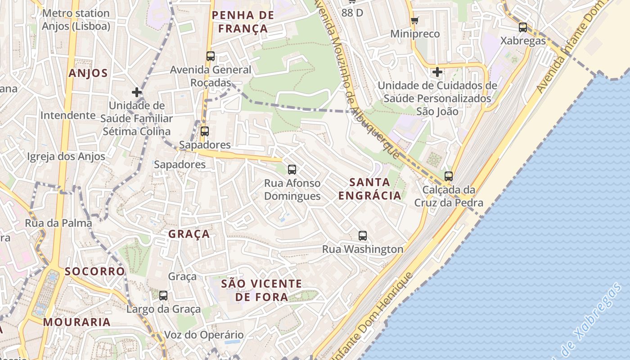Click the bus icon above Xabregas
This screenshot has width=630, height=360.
click(x=522, y=27)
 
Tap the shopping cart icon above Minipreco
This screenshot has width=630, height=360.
click(x=414, y=20)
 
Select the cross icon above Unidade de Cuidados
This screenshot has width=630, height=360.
click(x=437, y=72)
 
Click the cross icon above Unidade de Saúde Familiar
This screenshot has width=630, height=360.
click(x=137, y=92)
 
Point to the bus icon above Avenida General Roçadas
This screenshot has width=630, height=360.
click(x=211, y=56)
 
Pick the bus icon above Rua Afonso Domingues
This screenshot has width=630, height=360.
click(x=292, y=170)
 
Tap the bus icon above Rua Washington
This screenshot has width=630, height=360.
click(x=363, y=235)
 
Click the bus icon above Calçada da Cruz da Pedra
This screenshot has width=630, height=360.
click(x=448, y=176)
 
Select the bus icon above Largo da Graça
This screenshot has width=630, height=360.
click(x=163, y=296)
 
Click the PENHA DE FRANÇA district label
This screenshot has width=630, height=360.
click(x=243, y=22)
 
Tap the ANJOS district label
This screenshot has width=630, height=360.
click(x=88, y=73)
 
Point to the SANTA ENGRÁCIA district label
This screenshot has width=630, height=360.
click(x=369, y=189)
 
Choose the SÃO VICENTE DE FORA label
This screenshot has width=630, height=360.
click(x=261, y=290)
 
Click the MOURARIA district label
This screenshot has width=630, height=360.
click(x=77, y=322)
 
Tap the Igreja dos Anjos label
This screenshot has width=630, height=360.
click(x=66, y=157)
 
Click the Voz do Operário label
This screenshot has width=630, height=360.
click(x=204, y=335)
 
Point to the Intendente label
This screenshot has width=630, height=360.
click(x=68, y=115)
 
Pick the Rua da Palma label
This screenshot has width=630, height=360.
click(x=58, y=223)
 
